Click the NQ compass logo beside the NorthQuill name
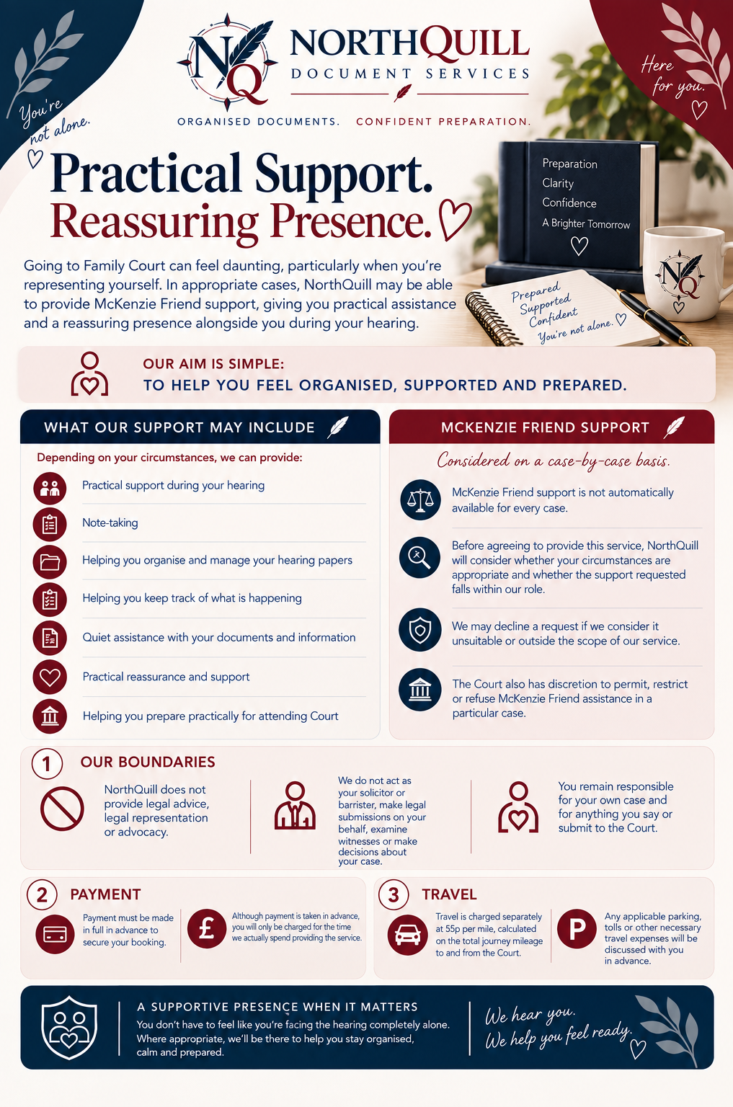(227, 62)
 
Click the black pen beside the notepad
(653, 316)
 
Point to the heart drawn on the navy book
(579, 246)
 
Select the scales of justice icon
(420, 499)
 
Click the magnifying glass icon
(419, 557)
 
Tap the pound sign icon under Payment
(207, 928)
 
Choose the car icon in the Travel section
(407, 935)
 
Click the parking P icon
(577, 928)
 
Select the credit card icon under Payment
(55, 934)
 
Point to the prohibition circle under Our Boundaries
(62, 809)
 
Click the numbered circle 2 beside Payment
(42, 894)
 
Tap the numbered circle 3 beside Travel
(394, 894)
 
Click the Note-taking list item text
(110, 523)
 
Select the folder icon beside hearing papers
(50, 562)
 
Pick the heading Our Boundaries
(148, 762)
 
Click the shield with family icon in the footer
(69, 1028)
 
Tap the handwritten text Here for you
(672, 76)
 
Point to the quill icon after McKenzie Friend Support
(674, 427)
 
